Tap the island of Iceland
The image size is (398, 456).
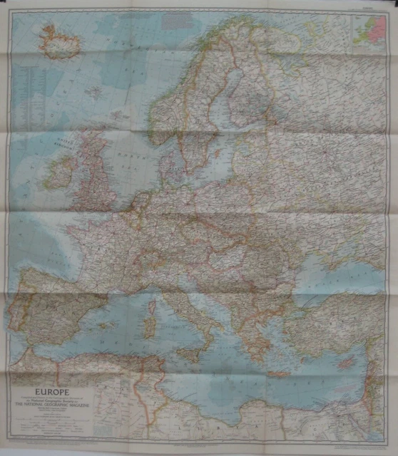point(60,41)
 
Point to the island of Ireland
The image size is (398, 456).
point(60,173)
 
